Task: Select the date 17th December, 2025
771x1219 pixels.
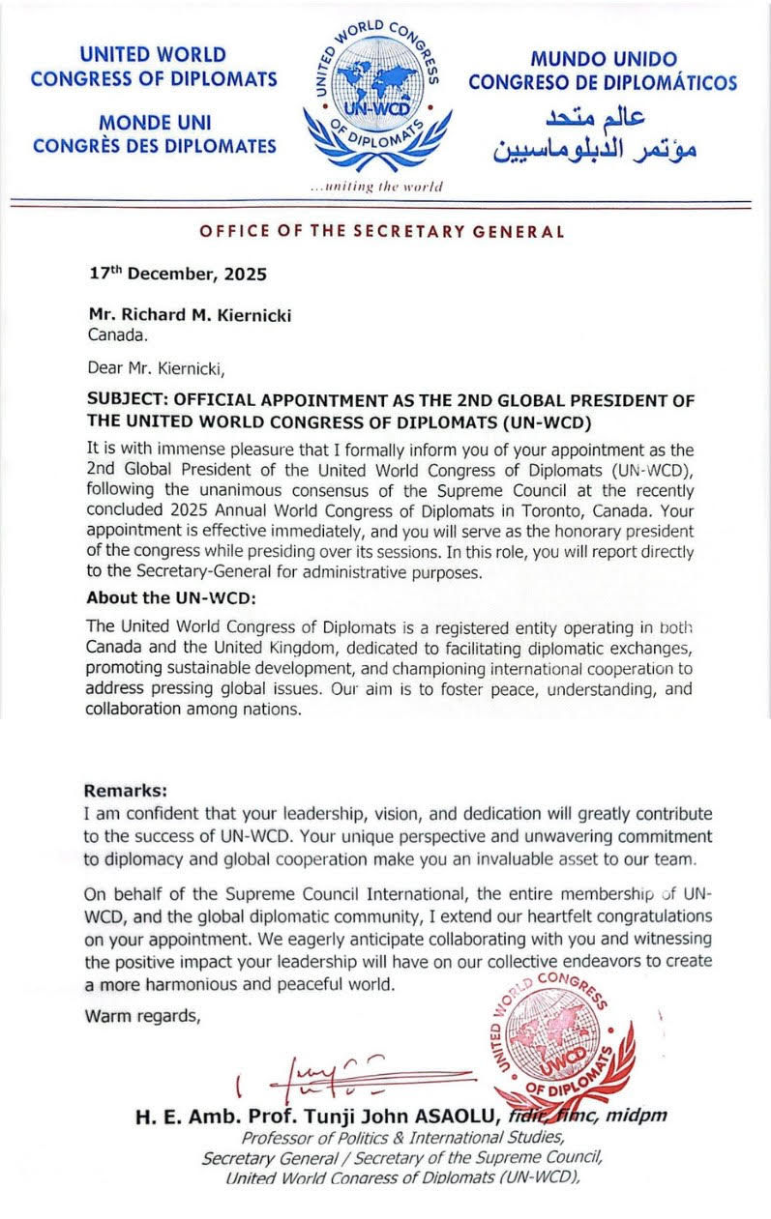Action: pyautogui.click(x=177, y=274)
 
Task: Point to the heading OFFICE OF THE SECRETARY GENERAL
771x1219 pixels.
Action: pyautogui.click(x=381, y=231)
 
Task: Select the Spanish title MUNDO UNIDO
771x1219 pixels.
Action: pyautogui.click(x=603, y=59)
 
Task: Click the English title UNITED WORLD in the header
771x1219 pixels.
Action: pyautogui.click(x=153, y=55)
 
